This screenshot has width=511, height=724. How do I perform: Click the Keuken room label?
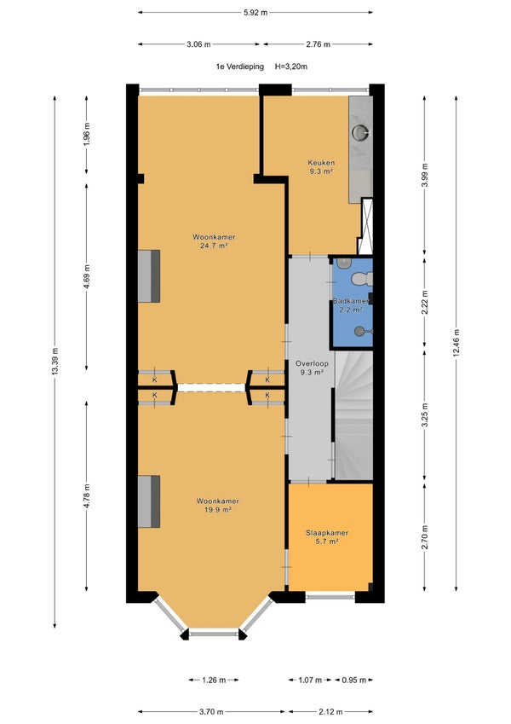tap(321, 163)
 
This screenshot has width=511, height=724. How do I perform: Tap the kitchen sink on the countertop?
tap(360, 132)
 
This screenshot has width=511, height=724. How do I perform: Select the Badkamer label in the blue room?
tap(352, 301)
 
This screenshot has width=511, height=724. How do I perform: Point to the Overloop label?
tap(312, 363)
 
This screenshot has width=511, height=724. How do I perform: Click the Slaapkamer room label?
tap(327, 532)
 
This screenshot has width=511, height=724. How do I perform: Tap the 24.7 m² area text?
tap(214, 246)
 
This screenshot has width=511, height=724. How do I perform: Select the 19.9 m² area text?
tap(218, 510)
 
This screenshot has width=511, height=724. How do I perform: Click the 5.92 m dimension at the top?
tap(255, 13)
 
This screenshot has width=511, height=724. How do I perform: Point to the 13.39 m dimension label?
tap(55, 362)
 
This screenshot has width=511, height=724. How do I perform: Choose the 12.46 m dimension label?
tap(456, 343)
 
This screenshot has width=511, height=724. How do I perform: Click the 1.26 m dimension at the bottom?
tap(214, 680)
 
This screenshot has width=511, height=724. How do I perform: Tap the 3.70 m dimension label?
tap(211, 711)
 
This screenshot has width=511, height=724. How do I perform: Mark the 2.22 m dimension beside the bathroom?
tap(425, 302)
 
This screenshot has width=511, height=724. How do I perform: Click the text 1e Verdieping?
tap(240, 67)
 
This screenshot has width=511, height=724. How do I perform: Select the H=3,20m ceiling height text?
tap(291, 67)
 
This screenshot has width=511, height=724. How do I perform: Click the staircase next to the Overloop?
tap(353, 415)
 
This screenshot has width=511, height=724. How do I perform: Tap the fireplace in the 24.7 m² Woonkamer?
tap(149, 276)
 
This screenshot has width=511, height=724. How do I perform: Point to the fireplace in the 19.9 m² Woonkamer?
tap(149, 501)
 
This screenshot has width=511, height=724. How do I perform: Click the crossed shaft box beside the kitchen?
tap(367, 226)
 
